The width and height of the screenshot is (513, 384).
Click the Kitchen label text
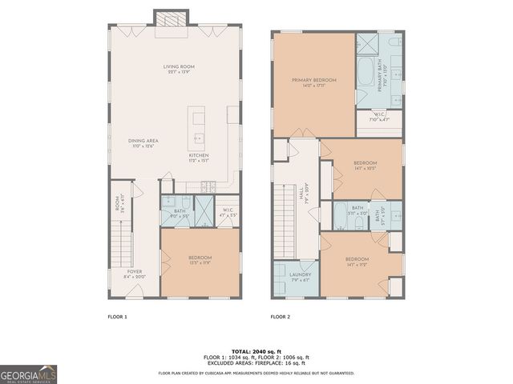pyautogui.click(x=199, y=157)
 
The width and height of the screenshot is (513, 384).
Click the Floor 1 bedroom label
pyautogui.click(x=200, y=259)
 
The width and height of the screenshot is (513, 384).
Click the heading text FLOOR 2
pyautogui.click(x=280, y=317)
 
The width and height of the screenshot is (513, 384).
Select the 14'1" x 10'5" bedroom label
pyautogui.click(x=365, y=166)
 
